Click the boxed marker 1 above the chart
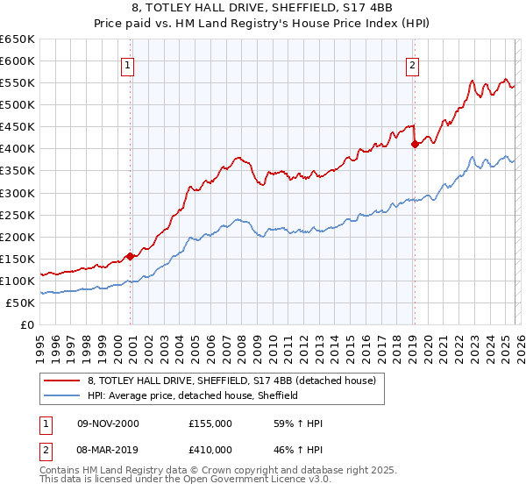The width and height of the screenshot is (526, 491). (x=128, y=64)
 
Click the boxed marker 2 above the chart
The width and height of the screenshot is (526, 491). (x=411, y=64)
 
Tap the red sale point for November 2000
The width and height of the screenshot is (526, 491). (x=130, y=256)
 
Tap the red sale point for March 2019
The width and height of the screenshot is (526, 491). (x=414, y=145)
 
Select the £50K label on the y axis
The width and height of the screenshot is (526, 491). (x=20, y=302)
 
